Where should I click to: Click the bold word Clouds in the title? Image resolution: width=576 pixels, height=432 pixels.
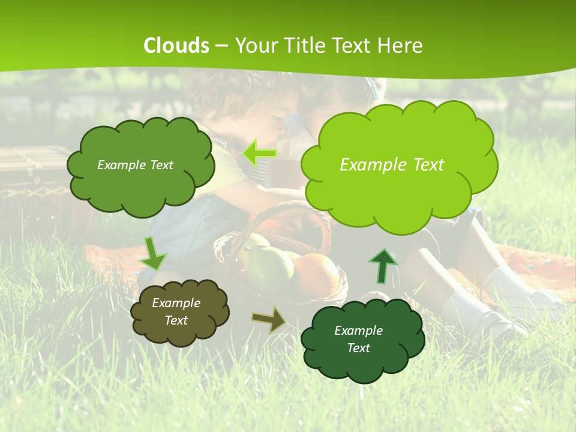(176, 46)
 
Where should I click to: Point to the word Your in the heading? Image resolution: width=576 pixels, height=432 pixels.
(257, 46)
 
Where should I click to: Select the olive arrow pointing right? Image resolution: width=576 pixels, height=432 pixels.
(269, 319)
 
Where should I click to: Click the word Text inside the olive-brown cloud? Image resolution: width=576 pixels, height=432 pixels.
(176, 320)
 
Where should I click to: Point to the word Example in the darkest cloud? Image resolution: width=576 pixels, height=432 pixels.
(358, 331)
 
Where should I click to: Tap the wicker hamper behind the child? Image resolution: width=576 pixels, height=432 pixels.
(33, 180)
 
